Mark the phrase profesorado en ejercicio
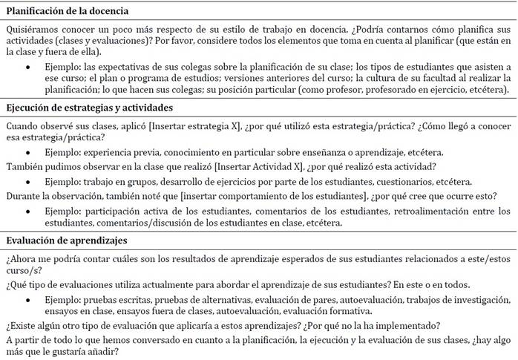tap(419, 90)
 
